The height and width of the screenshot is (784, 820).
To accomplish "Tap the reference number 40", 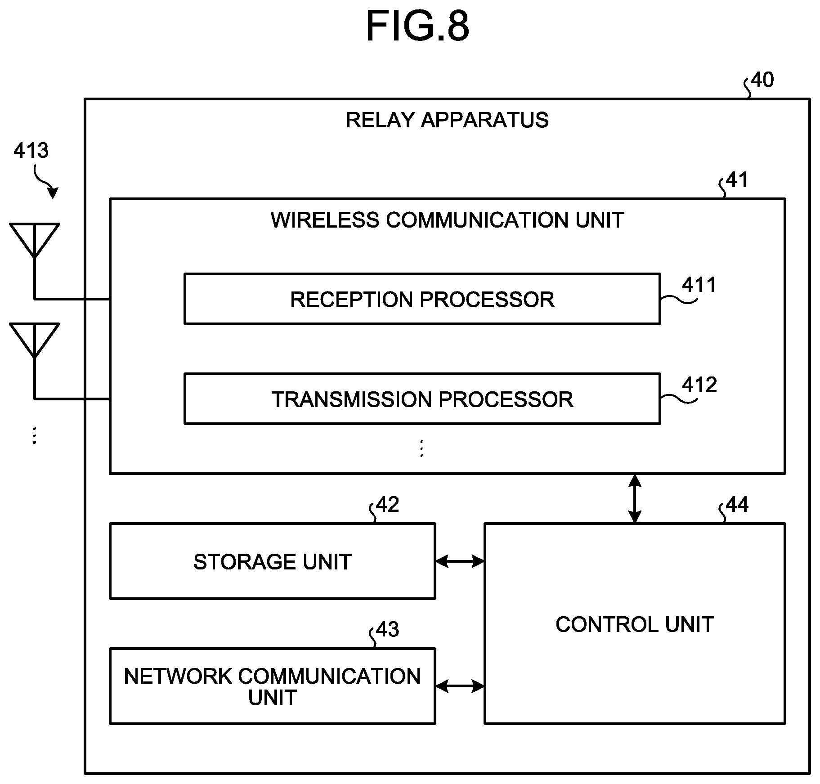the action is tap(762, 80).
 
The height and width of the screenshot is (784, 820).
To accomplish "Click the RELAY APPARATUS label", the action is tap(447, 120).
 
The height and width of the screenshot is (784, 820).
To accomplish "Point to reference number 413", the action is tap(31, 150).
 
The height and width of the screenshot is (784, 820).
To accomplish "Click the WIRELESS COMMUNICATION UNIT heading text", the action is tap(447, 220).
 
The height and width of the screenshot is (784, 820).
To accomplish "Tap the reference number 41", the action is tap(737, 180).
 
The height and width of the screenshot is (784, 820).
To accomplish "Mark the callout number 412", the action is tap(699, 385).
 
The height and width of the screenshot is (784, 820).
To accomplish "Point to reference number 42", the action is tap(388, 505).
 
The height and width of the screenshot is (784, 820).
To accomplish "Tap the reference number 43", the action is tap(388, 629).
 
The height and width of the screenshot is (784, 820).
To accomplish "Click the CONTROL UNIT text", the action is tap(635, 624).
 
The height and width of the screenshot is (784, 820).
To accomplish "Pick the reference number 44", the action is tap(737, 505).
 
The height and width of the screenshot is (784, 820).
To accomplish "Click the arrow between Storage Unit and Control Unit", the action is tap(460, 561).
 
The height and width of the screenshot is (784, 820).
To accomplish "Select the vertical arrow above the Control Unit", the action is tap(635, 498).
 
